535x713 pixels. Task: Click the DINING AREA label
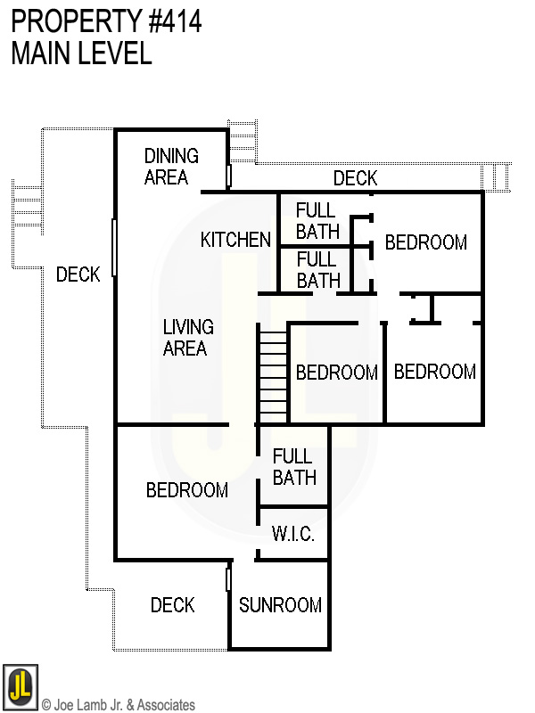[x=171, y=167]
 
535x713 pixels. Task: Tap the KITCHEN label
[x=235, y=240]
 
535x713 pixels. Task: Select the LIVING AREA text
[x=185, y=338]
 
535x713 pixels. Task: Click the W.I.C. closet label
[x=292, y=536]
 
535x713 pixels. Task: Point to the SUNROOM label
[x=280, y=605]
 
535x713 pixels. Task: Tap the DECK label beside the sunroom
[x=172, y=606]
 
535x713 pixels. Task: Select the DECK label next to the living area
[x=78, y=275]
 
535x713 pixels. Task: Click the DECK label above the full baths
[x=355, y=178]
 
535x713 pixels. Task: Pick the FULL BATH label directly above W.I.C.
[x=294, y=467]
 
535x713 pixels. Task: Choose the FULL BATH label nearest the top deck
[x=317, y=221]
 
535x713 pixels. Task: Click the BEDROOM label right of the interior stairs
[x=336, y=373]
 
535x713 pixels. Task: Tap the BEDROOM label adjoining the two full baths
[x=425, y=242]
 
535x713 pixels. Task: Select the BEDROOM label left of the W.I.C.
[x=187, y=490]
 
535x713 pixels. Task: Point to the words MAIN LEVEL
[x=81, y=53]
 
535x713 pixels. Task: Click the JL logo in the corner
[x=20, y=686]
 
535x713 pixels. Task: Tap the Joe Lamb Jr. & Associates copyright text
[x=118, y=705]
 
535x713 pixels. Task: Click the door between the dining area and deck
[x=229, y=176]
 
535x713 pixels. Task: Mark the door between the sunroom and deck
[x=229, y=579]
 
